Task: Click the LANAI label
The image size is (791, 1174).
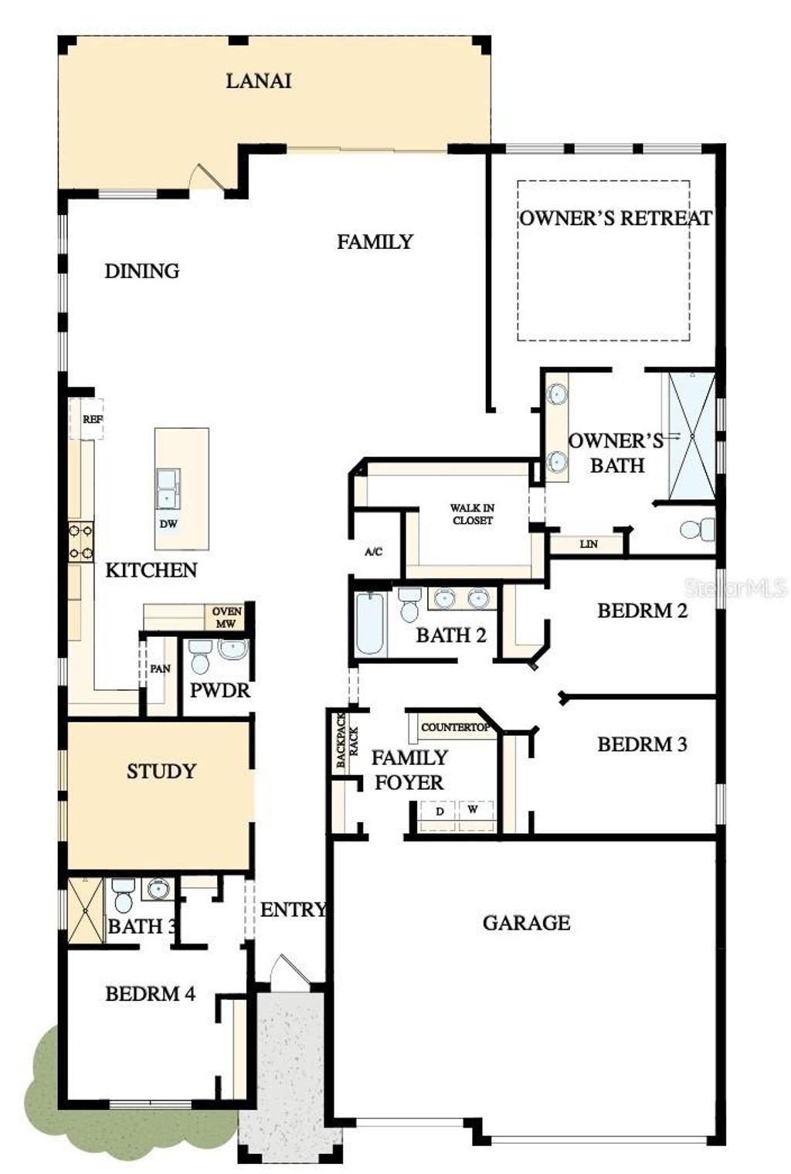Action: (x=258, y=80)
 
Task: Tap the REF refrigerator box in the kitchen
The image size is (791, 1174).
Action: (x=92, y=420)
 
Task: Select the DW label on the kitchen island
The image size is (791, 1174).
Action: (x=168, y=523)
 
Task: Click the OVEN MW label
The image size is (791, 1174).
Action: (x=226, y=617)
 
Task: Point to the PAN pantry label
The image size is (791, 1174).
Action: (x=160, y=669)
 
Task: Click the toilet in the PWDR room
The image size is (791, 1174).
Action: (x=200, y=656)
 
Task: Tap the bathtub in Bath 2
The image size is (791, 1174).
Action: (x=370, y=624)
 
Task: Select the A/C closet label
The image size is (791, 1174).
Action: (x=373, y=552)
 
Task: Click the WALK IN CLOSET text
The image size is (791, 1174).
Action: (x=472, y=514)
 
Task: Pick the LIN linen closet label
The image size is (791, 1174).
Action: (x=589, y=544)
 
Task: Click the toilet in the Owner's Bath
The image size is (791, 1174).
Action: (x=697, y=529)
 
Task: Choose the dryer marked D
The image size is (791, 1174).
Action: (x=440, y=812)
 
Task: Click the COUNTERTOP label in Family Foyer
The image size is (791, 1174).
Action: (x=455, y=727)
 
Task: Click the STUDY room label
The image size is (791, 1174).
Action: (x=161, y=771)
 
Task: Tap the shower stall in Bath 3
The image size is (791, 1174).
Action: (x=85, y=910)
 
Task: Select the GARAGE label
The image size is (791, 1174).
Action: (x=526, y=922)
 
